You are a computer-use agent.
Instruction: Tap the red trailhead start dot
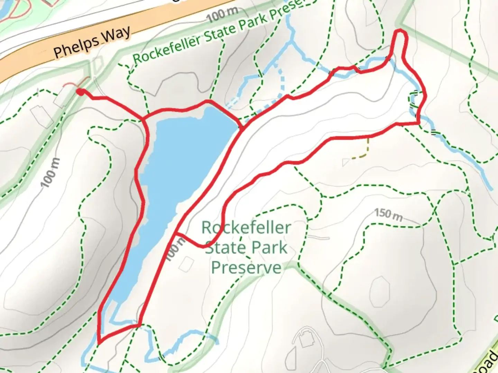(80, 92)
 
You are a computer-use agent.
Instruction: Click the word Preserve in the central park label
(246, 268)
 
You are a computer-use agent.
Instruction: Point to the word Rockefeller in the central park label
(246, 228)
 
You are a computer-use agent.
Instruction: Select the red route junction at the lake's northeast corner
(241, 128)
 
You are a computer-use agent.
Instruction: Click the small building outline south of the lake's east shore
(187, 264)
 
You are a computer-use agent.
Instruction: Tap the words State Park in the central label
(246, 248)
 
